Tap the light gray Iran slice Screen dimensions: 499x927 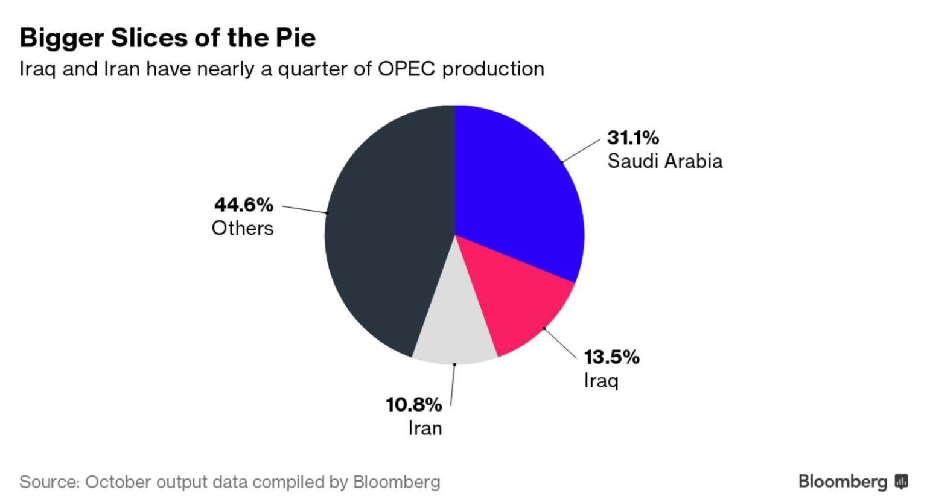point(456,326)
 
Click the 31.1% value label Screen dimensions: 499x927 point(632,138)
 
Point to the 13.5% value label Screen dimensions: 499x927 point(611,357)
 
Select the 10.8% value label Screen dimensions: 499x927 point(414,404)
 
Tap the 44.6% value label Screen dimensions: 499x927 point(244,205)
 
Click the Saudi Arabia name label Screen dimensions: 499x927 point(664,161)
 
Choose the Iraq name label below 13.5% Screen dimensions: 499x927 point(601,381)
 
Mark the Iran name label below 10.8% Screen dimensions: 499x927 point(425,428)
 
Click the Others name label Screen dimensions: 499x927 point(243,228)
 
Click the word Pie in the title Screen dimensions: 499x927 point(296,38)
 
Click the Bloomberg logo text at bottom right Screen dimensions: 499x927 point(843,482)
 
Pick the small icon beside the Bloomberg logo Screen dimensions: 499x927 point(902,482)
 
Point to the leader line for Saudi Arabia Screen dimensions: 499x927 point(581,150)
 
